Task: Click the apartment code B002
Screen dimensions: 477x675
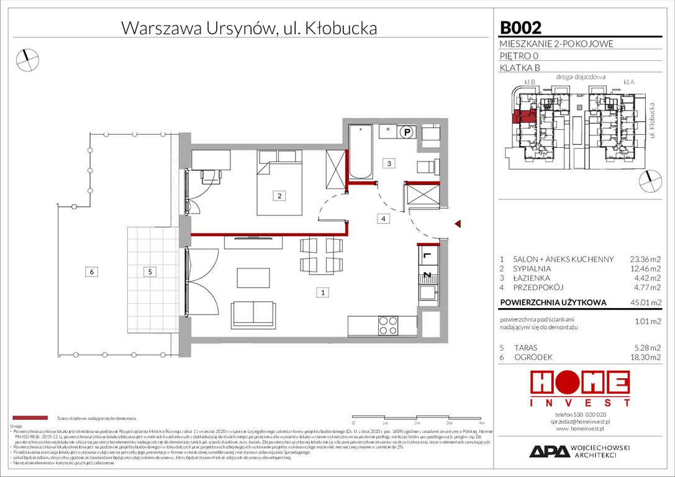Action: (520, 27)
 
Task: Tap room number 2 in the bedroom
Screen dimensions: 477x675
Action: (280, 196)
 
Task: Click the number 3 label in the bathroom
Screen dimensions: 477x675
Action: (389, 164)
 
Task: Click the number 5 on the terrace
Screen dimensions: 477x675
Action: (149, 271)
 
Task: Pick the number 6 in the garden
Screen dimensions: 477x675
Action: (91, 271)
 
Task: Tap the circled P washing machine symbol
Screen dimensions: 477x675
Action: (407, 131)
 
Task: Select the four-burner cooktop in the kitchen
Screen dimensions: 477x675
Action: (389, 325)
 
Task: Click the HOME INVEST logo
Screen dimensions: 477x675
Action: (581, 389)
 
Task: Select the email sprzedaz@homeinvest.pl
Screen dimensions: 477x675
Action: (581, 420)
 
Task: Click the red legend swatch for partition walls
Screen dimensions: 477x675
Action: (29, 419)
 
